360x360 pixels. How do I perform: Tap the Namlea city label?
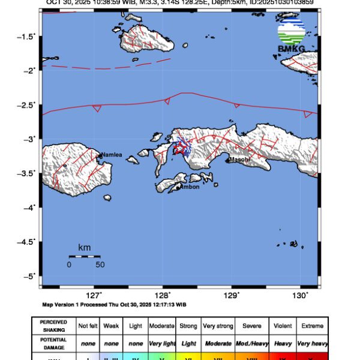(x=112, y=155)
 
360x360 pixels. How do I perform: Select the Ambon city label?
(x=190, y=187)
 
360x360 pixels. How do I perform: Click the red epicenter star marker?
(x=178, y=147)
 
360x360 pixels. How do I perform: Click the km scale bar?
(x=84, y=256)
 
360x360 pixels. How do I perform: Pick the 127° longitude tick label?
(x=94, y=295)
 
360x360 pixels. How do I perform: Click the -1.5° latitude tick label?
(x=28, y=37)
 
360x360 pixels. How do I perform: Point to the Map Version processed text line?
(x=114, y=304)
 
